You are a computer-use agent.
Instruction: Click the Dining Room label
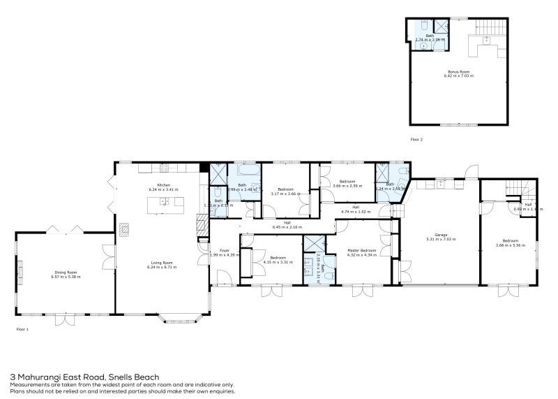point(66,273)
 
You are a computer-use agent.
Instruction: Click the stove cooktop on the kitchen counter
point(165,168)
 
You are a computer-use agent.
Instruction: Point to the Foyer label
point(225,250)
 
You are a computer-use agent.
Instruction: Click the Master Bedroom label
point(361,250)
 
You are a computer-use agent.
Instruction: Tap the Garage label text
point(440,235)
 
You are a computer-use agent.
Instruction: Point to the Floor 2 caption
point(416,140)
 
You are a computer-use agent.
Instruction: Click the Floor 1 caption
point(22,328)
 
